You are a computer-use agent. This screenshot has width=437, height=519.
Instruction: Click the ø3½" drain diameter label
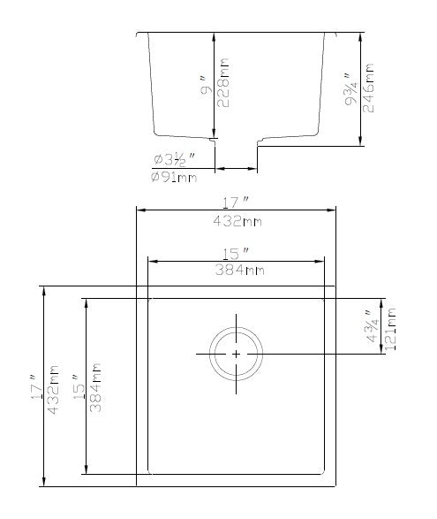coord(175,160)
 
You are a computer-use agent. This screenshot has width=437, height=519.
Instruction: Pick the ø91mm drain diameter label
coord(175,178)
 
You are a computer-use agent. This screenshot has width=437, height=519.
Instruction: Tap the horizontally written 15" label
coord(236,253)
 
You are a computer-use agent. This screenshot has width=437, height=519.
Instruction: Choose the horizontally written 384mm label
coord(236,271)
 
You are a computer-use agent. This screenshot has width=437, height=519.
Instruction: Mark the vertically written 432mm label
coord(53,387)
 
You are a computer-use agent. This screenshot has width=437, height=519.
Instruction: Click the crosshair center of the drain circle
coord(237,354)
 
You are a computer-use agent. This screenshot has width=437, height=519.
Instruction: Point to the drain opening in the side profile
coord(236,141)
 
